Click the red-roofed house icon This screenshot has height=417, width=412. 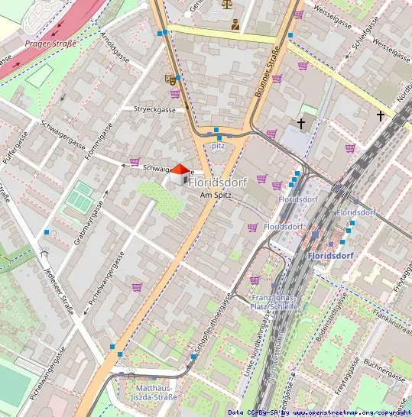coord(178,173)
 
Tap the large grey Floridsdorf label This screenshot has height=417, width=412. coord(218,183)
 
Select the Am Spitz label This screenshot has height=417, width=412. coord(216,196)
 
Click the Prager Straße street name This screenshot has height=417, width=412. coord(50,44)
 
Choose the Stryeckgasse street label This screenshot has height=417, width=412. coord(154,110)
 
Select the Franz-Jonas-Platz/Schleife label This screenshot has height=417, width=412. coord(273,302)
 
